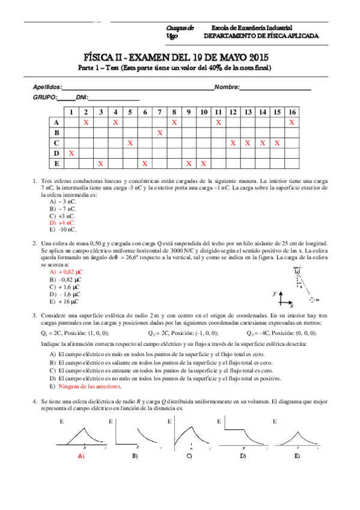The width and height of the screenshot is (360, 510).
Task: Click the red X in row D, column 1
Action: tap(72, 153)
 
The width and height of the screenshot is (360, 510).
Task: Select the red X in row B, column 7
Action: tap(159, 132)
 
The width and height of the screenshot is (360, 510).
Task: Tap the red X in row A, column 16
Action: tap(291, 122)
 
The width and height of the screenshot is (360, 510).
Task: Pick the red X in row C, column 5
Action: tap(130, 143)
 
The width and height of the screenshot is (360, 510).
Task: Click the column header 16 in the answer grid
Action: tap(291, 112)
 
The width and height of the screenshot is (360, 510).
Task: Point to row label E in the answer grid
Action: tap(56, 163)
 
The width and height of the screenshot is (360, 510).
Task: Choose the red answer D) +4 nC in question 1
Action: tap(63, 223)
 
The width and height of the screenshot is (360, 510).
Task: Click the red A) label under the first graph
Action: tap(81, 456)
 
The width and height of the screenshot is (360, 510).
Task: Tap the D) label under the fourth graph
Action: tap(243, 456)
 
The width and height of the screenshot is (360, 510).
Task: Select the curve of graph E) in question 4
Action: tap(297, 435)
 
